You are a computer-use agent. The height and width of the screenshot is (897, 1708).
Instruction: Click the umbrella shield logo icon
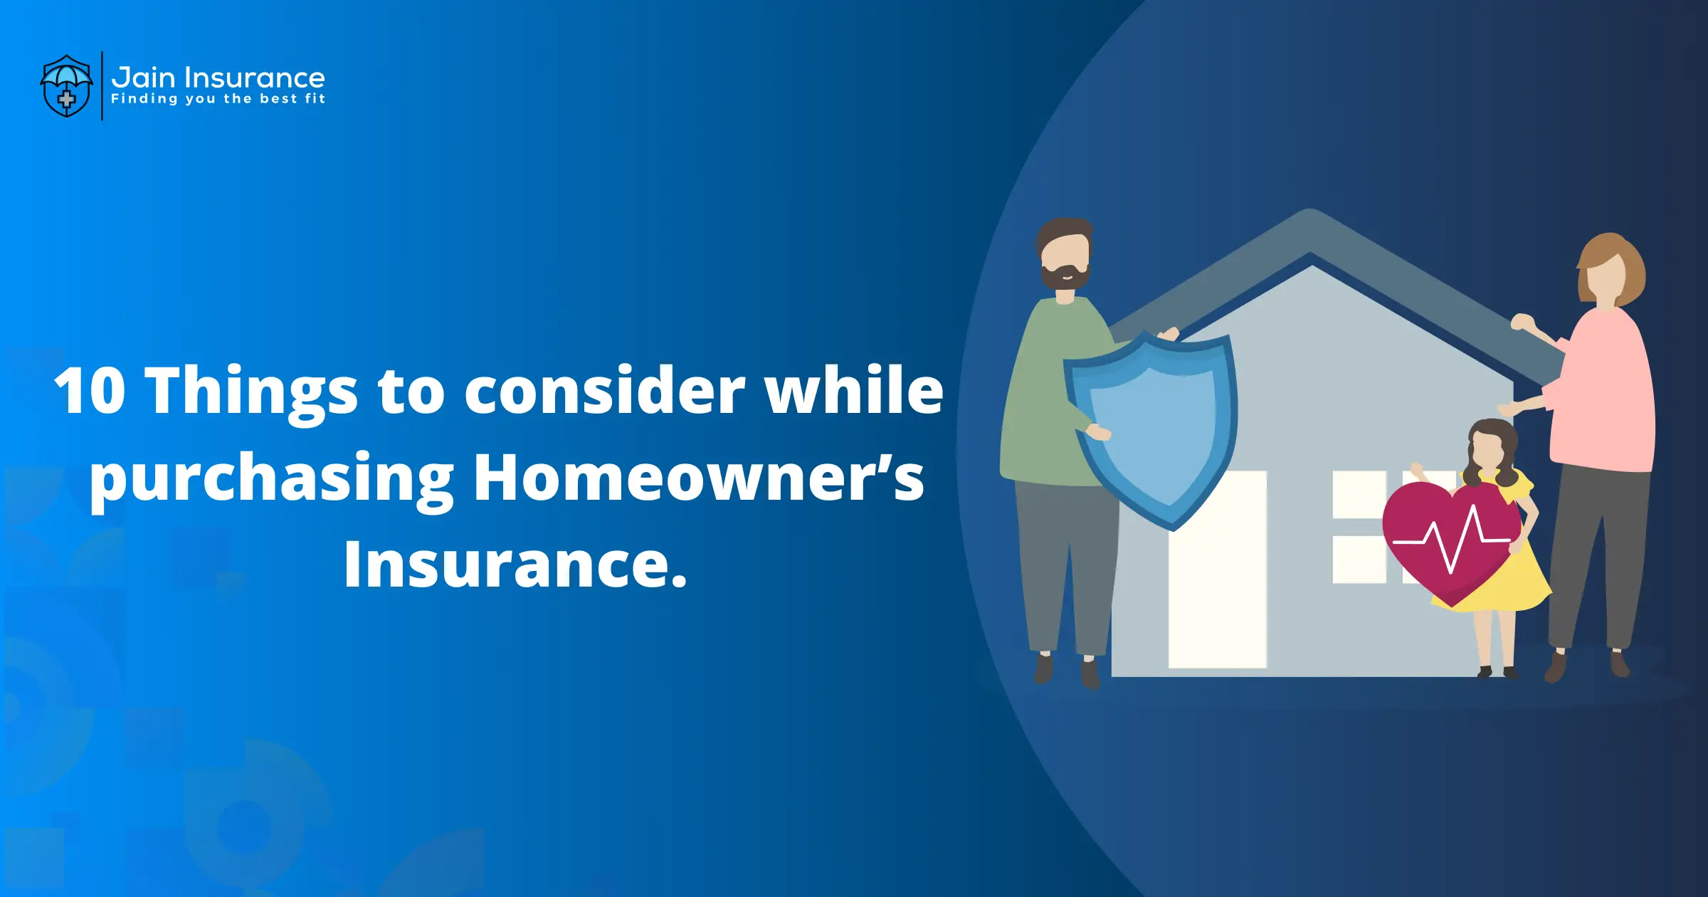point(66,86)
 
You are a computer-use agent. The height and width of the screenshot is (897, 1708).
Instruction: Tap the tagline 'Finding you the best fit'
point(218,99)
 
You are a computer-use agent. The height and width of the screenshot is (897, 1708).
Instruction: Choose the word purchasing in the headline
point(272,481)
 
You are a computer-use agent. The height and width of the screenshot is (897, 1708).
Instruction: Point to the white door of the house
point(1218,569)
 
